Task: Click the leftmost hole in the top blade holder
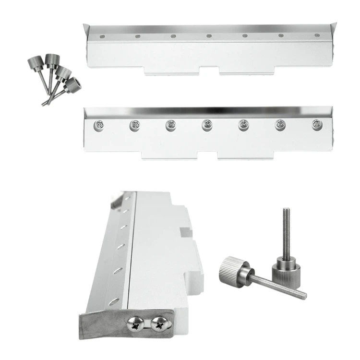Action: [102, 36]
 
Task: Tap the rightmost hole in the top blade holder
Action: [316, 36]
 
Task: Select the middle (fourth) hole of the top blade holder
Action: [209, 36]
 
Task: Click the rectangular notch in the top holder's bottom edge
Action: [210, 71]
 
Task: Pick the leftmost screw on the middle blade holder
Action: [98, 125]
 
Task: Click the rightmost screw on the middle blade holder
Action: [316, 125]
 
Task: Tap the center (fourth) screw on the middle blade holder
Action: [207, 125]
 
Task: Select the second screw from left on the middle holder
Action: [134, 125]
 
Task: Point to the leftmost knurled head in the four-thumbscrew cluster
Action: [35, 63]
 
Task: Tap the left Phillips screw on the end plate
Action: [134, 325]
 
